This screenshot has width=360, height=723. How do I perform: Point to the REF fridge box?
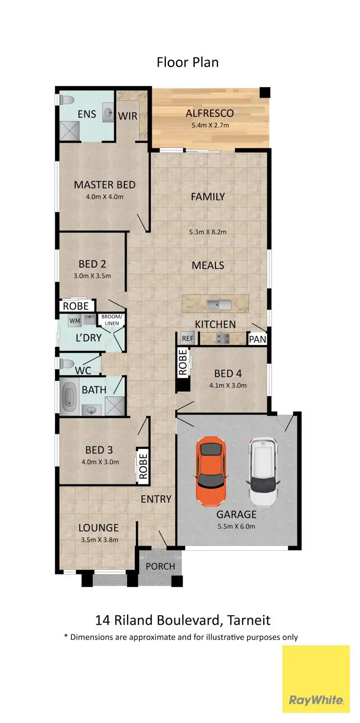(x=187, y=338)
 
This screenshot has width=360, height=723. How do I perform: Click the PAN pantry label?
(x=257, y=339)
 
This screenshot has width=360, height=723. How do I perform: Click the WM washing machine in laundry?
(x=74, y=320)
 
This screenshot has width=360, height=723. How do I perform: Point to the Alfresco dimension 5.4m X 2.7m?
(x=210, y=125)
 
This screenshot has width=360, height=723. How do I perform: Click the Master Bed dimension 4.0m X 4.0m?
(x=105, y=197)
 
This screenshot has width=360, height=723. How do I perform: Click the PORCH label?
(x=160, y=566)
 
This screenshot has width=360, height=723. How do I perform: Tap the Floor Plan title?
(x=187, y=63)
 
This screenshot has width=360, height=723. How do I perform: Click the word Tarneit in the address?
(x=251, y=619)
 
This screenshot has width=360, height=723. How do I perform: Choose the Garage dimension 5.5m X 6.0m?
(x=236, y=526)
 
